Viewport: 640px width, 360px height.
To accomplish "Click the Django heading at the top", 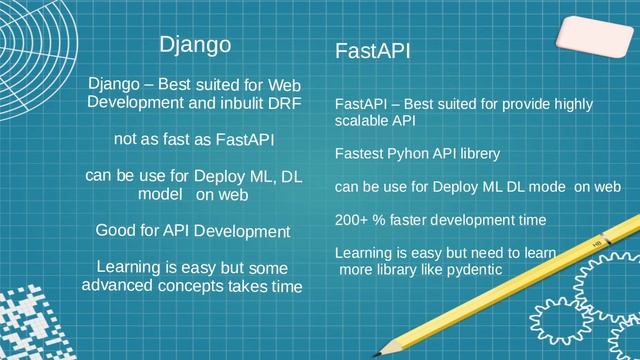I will pyautogui.click(x=196, y=45).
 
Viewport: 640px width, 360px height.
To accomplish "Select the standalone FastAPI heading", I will pyautogui.click(x=373, y=51).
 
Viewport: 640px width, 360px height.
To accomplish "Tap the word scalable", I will pyautogui.click(x=361, y=121).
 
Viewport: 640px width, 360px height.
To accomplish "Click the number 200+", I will pyautogui.click(x=352, y=219).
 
